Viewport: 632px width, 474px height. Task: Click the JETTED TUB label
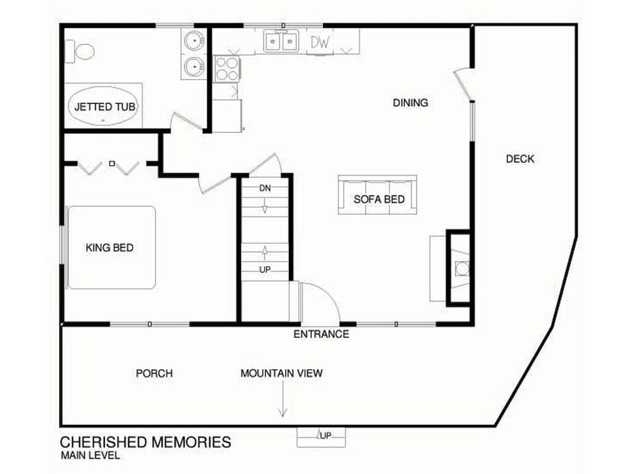point(105,107)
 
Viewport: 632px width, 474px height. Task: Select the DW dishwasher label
point(320,42)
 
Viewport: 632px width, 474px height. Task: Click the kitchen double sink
point(281,41)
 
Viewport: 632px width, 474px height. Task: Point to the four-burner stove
point(227,69)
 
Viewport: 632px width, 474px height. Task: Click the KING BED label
point(109,248)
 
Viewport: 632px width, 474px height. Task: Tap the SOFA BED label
point(379,199)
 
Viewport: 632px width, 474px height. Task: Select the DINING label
point(410,103)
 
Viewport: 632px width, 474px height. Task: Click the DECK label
point(520,159)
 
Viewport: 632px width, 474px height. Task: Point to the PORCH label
point(154,374)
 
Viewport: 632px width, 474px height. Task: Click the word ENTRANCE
point(321,334)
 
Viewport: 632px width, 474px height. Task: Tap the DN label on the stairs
point(265,188)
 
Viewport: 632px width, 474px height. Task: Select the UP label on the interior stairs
point(265,269)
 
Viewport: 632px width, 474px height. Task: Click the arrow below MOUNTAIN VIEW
point(283,399)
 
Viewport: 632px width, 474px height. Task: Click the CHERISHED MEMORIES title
point(145,442)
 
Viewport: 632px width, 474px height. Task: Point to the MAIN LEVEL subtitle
point(90,456)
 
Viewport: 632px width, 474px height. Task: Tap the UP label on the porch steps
point(326,435)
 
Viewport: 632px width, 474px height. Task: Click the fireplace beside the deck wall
point(458,268)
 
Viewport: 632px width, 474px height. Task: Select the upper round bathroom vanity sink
point(194,40)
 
